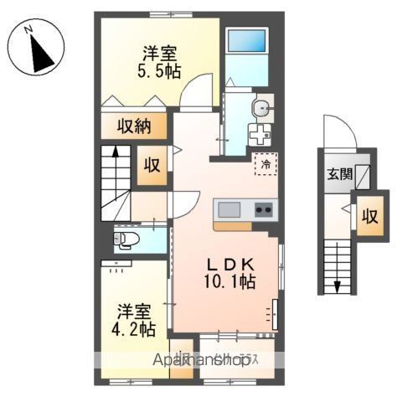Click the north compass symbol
36,51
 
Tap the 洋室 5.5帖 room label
158,60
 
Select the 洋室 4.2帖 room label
135,318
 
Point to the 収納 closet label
133,126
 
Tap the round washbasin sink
260,106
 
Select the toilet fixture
126,240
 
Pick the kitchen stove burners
264,209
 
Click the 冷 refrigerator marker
265,164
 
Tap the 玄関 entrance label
339,174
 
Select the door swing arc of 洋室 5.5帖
195,91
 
